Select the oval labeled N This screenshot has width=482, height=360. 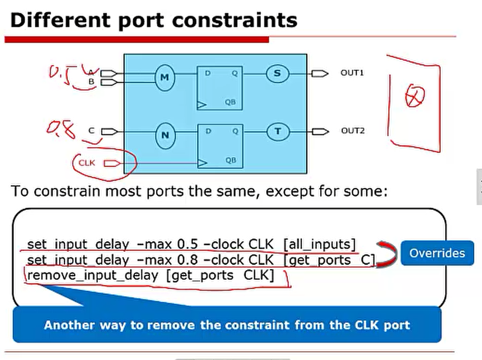tap(165, 135)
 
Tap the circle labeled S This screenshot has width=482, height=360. tap(277, 73)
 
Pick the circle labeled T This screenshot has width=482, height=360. tap(279, 131)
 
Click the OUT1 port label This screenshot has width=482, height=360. tap(352, 73)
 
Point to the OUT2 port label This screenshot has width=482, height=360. tap(353, 131)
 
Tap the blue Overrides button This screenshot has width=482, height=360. tap(437, 253)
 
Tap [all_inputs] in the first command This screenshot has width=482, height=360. tap(319, 244)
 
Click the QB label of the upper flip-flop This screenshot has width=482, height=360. tap(230, 102)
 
